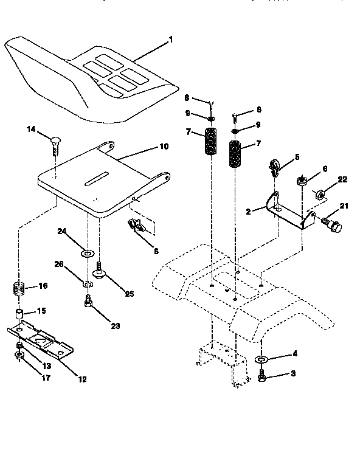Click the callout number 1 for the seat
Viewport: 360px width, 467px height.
pos(171,40)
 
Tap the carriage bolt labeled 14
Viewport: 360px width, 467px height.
pos(54,145)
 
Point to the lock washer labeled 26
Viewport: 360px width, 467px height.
pos(88,283)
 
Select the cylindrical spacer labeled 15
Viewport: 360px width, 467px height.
pos(19,316)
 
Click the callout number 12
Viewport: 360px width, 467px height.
pos(82,379)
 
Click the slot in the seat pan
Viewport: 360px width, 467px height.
pos(96,178)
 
